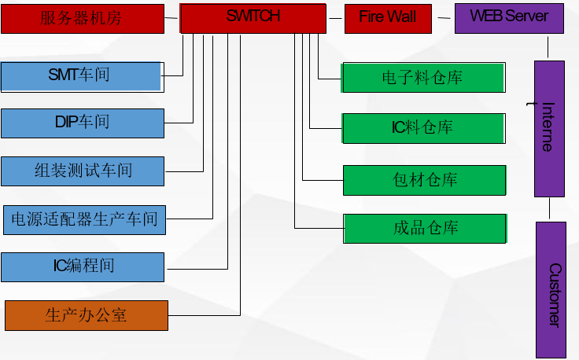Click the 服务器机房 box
pos(82,18)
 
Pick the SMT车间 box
pos(82,76)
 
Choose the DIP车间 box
pos(82,123)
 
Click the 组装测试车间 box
pos(82,171)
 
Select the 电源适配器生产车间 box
pos(84,219)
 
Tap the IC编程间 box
pos(82,266)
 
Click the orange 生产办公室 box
pos(86,315)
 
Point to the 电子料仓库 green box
pos(423,78)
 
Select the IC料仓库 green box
pos(423,128)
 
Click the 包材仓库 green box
pos(425,180)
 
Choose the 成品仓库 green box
pos(425,228)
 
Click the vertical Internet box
pos(549,129)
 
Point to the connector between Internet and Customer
pos(549,209)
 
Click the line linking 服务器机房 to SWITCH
pos(171,17)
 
